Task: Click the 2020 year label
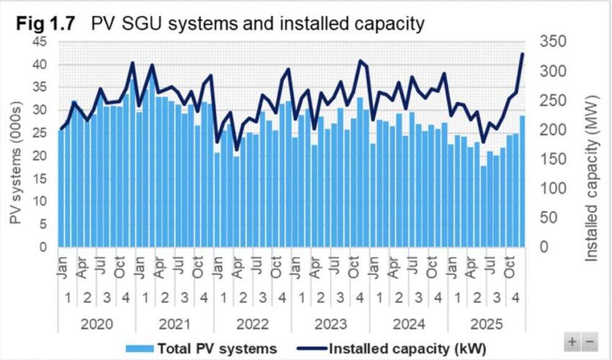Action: pos(96,323)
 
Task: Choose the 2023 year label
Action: pos(330,323)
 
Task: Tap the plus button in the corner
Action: pos(573,341)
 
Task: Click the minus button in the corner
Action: pos(589,341)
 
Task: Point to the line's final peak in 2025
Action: pos(523,54)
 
